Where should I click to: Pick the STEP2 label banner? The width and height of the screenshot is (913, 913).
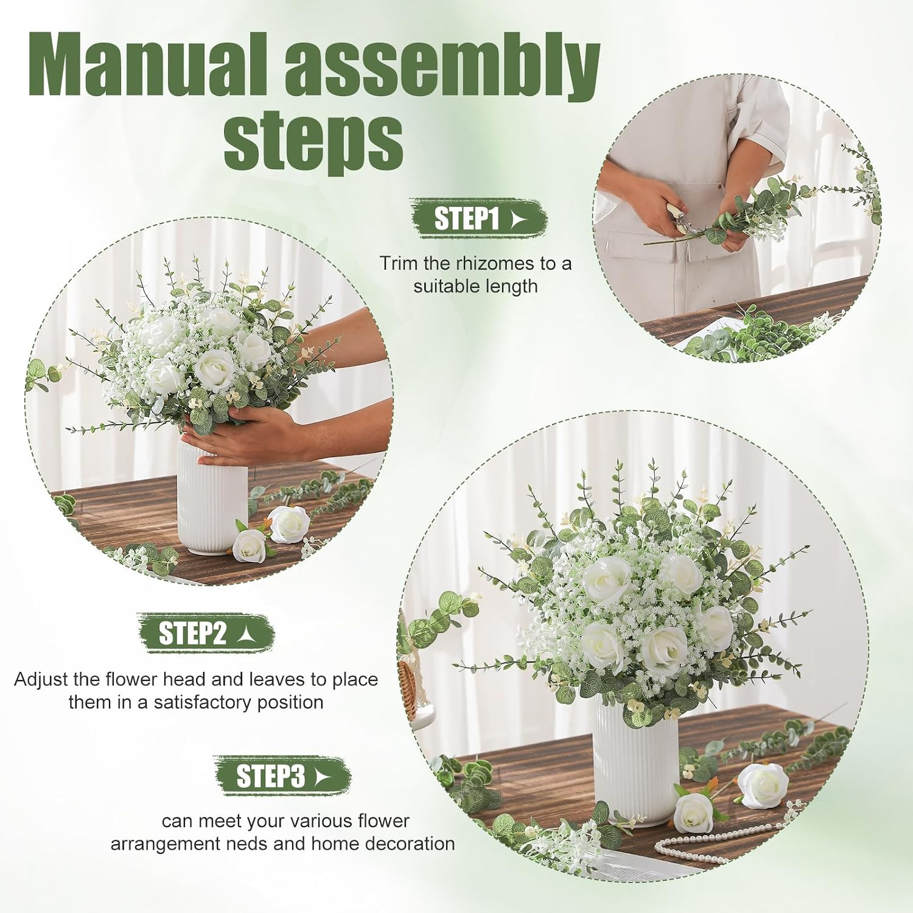[x=205, y=633]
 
